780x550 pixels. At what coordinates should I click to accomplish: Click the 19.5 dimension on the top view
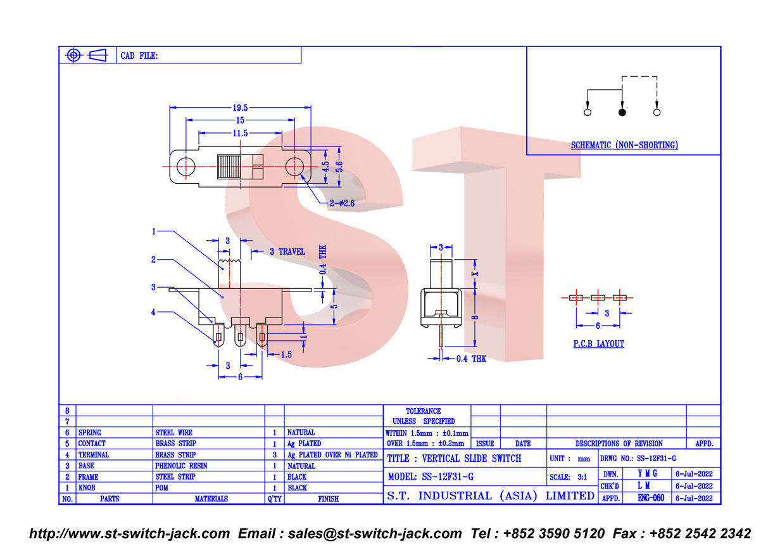(240, 108)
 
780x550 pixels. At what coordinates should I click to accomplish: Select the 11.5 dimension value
(240, 133)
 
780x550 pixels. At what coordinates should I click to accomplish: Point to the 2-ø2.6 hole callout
(342, 203)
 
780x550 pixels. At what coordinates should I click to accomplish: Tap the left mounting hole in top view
(186, 167)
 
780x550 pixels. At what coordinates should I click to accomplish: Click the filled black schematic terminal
(622, 112)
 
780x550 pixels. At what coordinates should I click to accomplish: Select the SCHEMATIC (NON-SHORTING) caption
(624, 145)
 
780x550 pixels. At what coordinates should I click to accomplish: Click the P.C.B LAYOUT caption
(598, 343)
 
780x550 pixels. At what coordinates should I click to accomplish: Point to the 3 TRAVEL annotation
(287, 252)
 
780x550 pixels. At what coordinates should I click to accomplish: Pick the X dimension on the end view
(475, 274)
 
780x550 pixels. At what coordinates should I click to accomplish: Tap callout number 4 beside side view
(153, 312)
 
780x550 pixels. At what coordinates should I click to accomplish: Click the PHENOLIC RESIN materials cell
(181, 466)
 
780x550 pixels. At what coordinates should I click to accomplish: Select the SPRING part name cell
(89, 433)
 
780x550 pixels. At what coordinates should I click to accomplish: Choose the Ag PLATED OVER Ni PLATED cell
(332, 454)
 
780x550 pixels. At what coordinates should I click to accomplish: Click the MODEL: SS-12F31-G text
(431, 476)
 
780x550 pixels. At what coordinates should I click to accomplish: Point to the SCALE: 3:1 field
(569, 476)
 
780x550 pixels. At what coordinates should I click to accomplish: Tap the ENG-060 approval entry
(651, 498)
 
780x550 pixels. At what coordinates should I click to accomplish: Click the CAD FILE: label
(139, 56)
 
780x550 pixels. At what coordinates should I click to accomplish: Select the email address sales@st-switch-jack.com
(375, 534)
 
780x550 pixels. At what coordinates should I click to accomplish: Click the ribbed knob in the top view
(229, 167)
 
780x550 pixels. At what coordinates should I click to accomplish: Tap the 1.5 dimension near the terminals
(286, 355)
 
